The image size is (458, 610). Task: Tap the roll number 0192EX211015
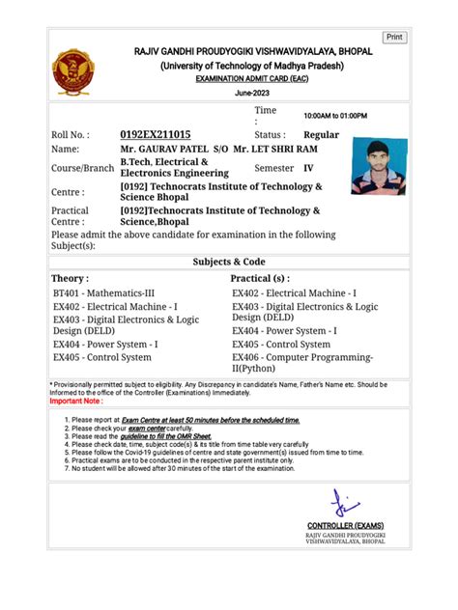coord(155,135)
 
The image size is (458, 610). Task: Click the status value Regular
coord(321,135)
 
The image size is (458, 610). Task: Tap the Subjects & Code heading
coord(229,262)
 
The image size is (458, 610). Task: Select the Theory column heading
coord(72,278)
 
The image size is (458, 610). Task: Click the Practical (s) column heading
coord(260,278)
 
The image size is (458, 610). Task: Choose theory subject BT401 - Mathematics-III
coord(102,292)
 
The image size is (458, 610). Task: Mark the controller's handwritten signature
coord(343,503)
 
